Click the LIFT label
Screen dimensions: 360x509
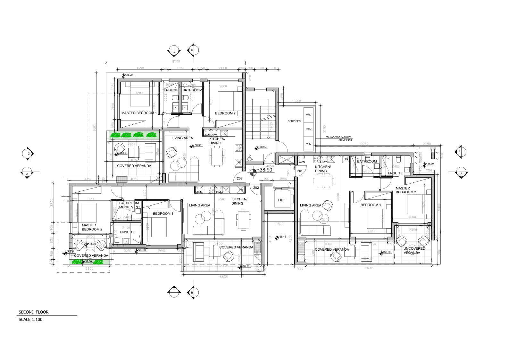(x=281, y=200)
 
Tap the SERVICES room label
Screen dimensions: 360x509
(x=294, y=121)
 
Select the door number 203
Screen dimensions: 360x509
(x=239, y=179)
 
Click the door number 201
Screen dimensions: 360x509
(x=300, y=171)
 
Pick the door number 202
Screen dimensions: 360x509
(x=256, y=188)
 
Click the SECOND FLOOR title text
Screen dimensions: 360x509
(x=33, y=312)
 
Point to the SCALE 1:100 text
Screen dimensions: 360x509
(x=30, y=320)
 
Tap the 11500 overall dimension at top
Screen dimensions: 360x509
(x=176, y=62)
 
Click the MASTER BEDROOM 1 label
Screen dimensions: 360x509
(x=139, y=113)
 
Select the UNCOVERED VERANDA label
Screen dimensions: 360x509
(x=414, y=251)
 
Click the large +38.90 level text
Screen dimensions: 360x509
(x=264, y=170)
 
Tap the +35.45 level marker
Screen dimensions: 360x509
(x=282, y=237)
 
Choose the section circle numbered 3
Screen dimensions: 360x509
(x=174, y=52)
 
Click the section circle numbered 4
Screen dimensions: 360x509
(x=460, y=151)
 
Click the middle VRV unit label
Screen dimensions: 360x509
(x=308, y=130)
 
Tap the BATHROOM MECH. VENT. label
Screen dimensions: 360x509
(x=129, y=205)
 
